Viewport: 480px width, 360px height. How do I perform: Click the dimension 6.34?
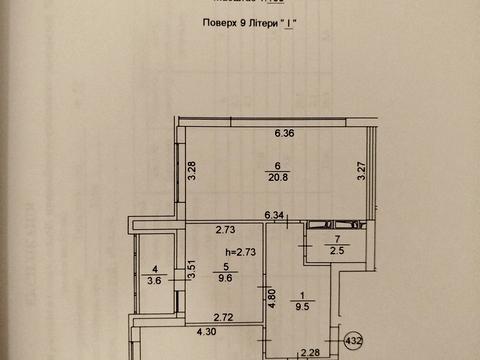coord(274,214)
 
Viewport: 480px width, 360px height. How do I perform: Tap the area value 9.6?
coord(226,279)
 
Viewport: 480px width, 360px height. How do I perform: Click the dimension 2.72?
coord(223,318)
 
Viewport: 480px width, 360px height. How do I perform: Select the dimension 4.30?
coord(206,332)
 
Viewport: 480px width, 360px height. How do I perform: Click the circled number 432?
coord(354,341)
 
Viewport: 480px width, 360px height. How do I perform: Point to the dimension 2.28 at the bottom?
coord(311,352)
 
